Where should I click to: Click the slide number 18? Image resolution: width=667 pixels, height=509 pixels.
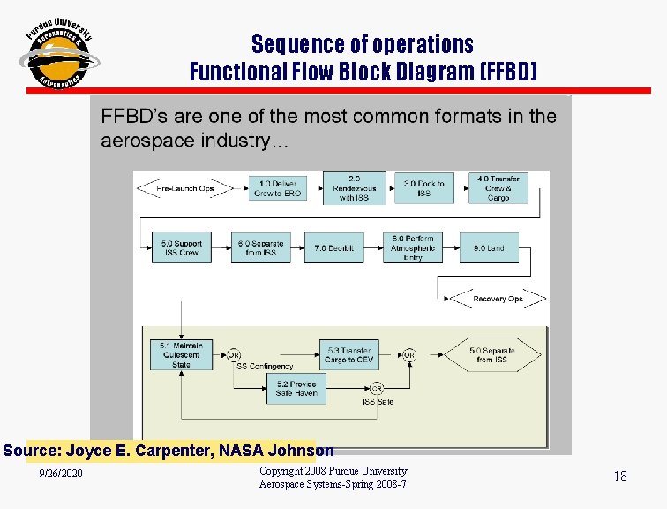pos(620,476)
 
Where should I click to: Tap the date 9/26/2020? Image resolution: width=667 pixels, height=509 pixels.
pos(62,476)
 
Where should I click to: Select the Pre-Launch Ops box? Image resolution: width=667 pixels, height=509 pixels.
pos(185,188)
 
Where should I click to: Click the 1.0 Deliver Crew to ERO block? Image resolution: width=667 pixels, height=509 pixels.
pos(277,188)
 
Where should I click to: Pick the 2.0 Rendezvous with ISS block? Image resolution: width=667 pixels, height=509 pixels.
pos(354,188)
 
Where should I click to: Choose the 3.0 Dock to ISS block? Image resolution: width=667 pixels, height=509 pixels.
pos(423,188)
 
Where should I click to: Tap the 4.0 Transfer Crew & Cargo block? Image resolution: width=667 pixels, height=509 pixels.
pos(498,188)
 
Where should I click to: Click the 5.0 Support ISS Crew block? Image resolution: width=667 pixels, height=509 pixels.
pos(181,248)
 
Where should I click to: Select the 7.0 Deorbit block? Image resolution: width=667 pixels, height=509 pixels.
pos(333,248)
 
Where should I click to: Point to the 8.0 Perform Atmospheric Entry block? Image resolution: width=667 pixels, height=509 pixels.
pos(413,248)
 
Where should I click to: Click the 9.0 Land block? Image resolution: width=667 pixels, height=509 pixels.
pos(488,248)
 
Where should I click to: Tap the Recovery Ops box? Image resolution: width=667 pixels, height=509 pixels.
pos(498,299)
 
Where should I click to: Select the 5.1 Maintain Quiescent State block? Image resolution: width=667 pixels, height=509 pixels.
pos(181,354)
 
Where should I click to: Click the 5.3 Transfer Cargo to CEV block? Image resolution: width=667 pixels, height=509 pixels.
pos(348,354)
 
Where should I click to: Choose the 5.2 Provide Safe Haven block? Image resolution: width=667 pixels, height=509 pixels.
pos(296,389)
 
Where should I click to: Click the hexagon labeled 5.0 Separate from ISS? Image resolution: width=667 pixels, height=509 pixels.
pos(491,354)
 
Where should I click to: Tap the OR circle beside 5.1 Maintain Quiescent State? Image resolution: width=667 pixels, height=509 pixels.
pos(235,355)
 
